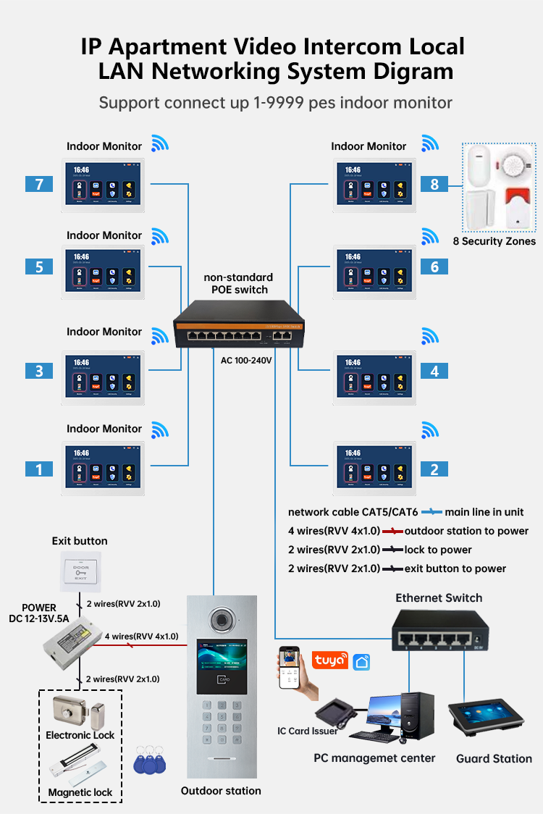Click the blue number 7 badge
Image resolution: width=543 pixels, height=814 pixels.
38,184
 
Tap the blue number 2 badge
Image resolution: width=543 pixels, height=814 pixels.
434,469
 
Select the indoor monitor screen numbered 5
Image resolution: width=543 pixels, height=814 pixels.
103,272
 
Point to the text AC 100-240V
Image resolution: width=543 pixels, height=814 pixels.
246,360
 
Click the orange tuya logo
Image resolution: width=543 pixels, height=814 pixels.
329,660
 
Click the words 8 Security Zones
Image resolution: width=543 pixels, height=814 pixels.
494,241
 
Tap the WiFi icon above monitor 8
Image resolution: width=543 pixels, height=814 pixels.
431,142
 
